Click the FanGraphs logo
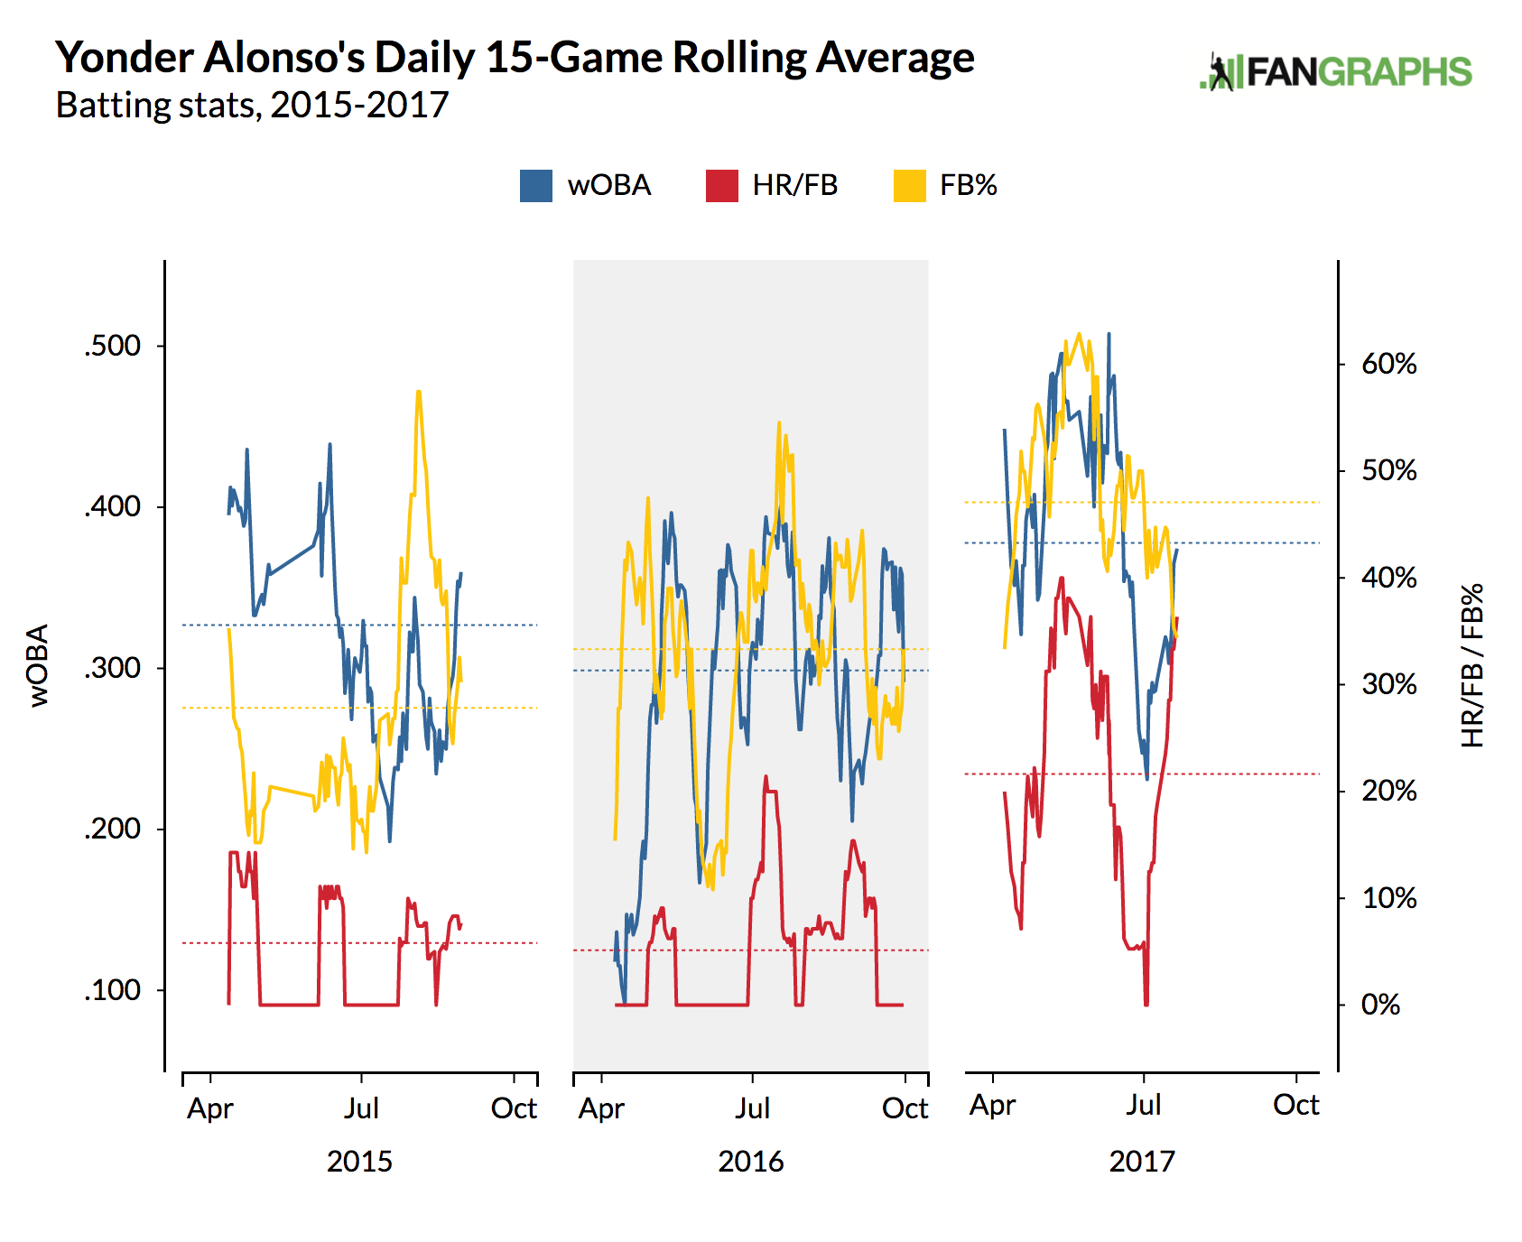pos(1336,72)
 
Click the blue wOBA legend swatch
pos(536,186)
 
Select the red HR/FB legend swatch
pos(722,186)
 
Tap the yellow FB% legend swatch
pos(909,186)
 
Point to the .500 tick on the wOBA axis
pos(113,346)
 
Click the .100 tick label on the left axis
pos(113,990)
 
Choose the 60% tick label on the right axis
pos(1388,364)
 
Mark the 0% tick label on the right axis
pos(1380,1005)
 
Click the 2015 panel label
pos(359,1162)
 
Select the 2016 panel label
pos(751,1162)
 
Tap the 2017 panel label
pos(1142,1162)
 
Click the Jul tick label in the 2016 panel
pos(752,1108)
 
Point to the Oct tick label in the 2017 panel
pos(1295,1105)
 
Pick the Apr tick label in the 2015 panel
pos(209,1108)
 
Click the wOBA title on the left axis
pos(39,665)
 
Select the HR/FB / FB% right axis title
pos(1472,665)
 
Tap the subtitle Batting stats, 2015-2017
pos(252,106)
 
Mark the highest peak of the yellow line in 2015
pos(419,392)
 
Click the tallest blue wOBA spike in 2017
pos(1109,334)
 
